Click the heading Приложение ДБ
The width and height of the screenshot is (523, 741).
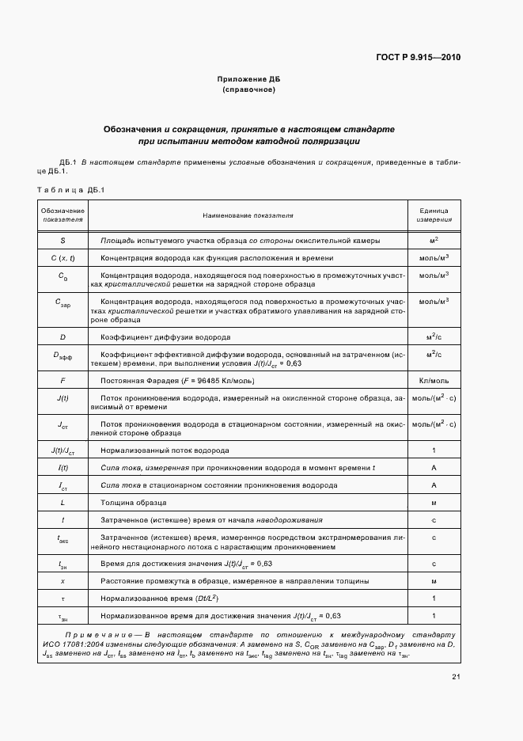pos(248,80)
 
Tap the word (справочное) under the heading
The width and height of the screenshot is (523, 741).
pos(248,90)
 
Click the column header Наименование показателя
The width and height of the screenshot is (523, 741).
pos(248,215)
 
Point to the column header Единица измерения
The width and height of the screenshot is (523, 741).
pos(434,215)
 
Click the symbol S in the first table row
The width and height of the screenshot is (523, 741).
pos(63,240)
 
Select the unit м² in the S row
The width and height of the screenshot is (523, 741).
pos(434,240)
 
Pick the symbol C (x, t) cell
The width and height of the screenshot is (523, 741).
pos(63,258)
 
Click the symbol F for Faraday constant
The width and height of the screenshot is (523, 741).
pos(63,380)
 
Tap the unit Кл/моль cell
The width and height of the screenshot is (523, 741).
pos(434,380)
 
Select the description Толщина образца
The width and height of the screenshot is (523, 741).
pos(133,502)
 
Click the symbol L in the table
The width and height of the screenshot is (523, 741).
pos(63,502)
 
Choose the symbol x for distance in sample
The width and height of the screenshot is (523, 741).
pos(63,581)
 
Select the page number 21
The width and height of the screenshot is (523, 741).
pos(457,676)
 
